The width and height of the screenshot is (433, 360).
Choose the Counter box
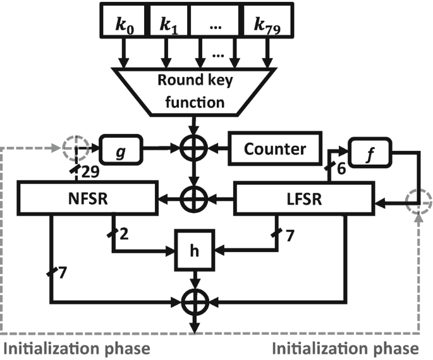tap(274, 149)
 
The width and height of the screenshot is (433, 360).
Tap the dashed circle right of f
tap(418, 200)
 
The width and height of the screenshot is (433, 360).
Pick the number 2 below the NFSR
tap(125, 234)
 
